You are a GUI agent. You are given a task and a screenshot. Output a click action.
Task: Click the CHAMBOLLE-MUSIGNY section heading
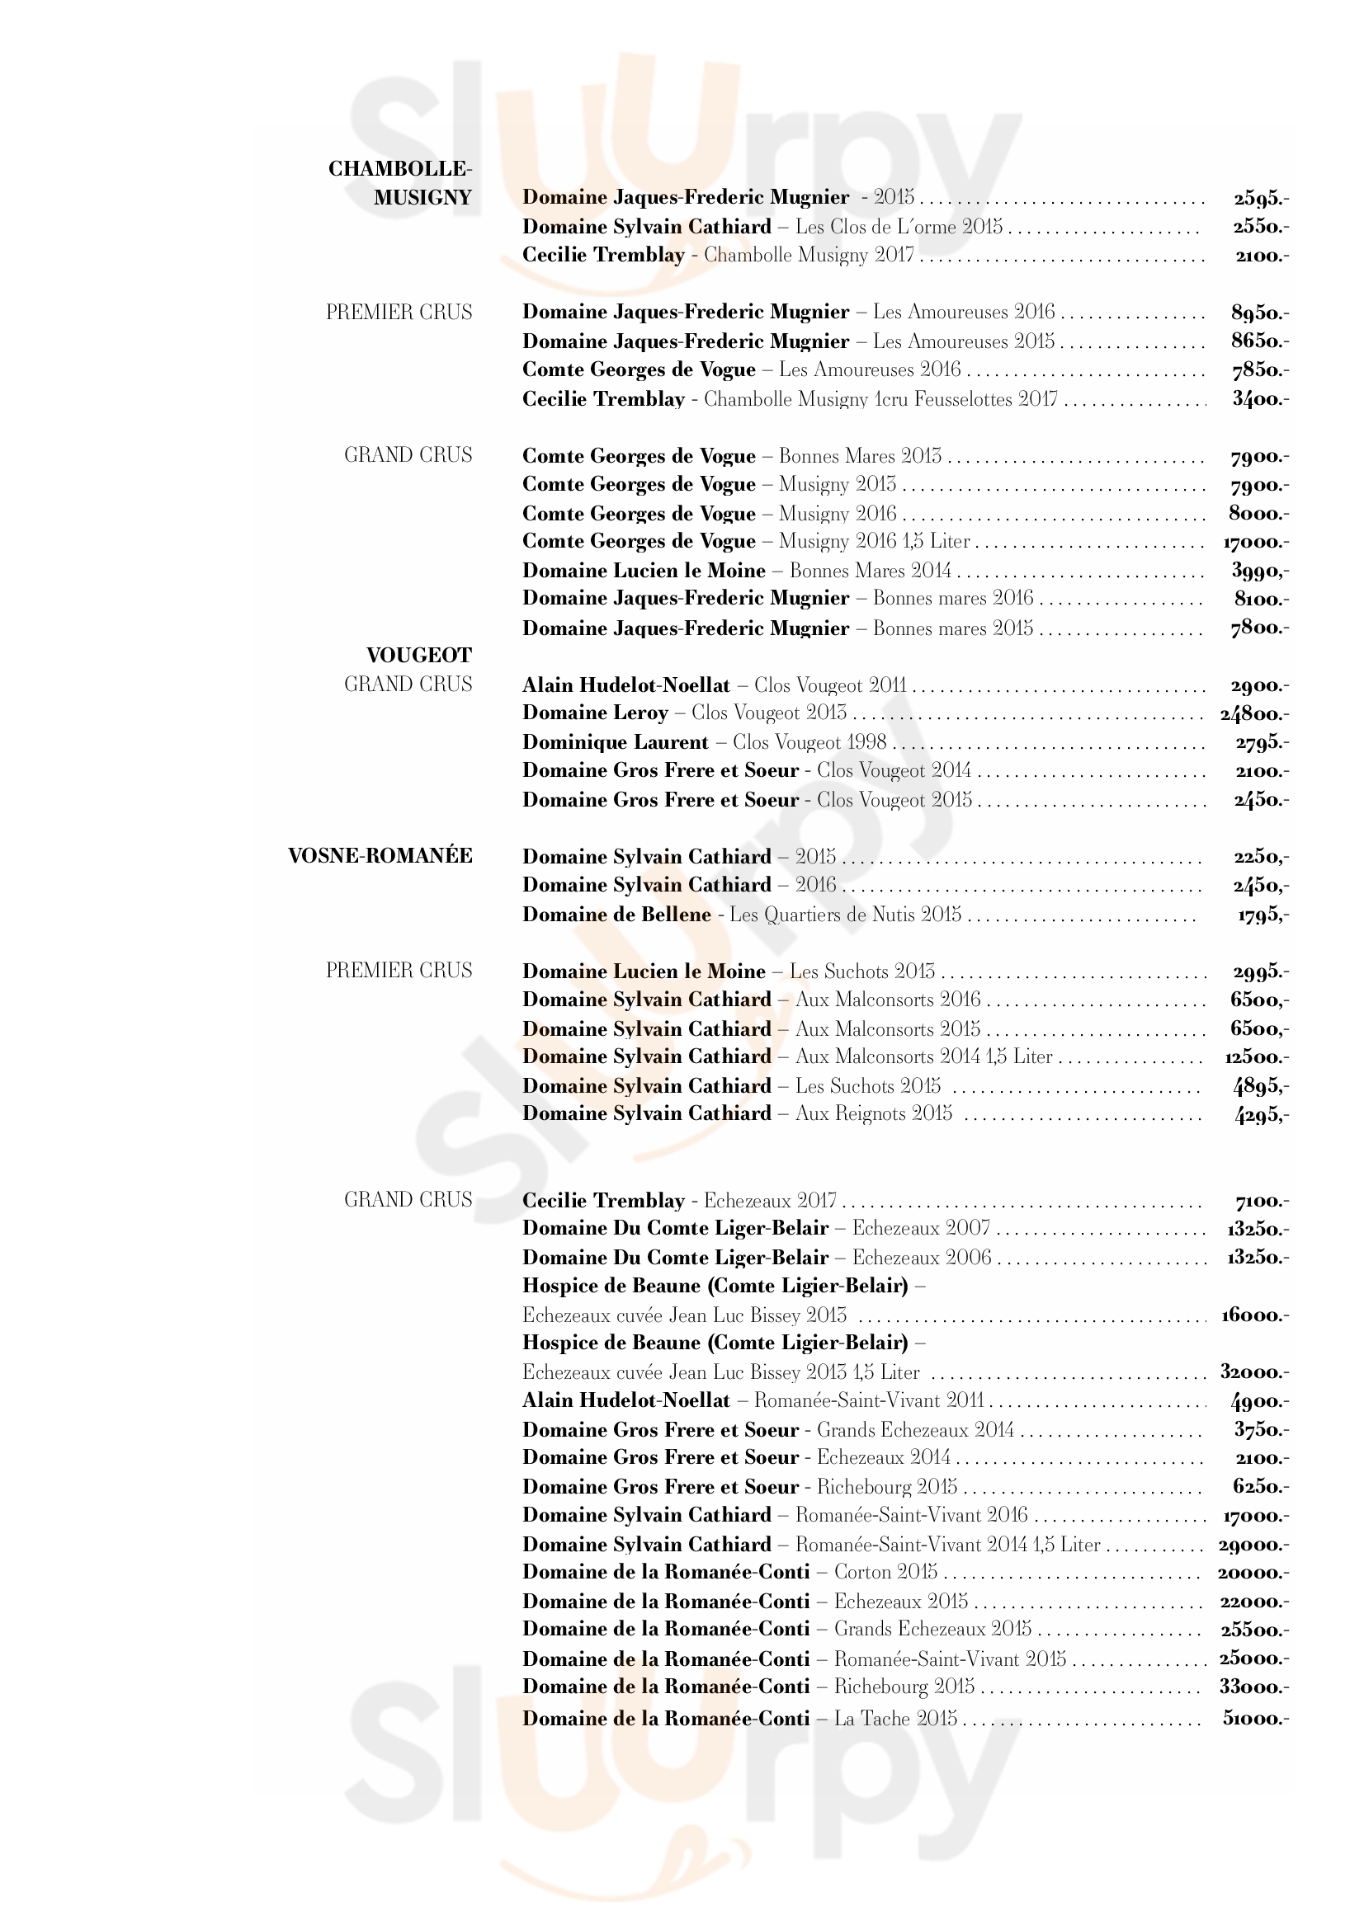click(401, 183)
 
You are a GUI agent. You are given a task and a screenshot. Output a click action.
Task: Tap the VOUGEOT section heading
click(418, 656)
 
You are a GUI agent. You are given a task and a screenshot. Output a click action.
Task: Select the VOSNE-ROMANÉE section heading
click(380, 856)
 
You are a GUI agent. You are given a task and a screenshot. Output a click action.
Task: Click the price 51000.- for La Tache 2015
click(1256, 1718)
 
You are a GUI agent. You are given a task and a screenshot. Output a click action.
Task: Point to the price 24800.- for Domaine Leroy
click(1254, 714)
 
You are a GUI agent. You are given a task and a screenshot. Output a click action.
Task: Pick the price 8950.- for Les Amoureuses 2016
click(1260, 313)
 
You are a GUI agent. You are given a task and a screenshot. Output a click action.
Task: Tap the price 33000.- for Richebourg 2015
click(1254, 1687)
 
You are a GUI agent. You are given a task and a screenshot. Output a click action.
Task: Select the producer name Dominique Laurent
click(616, 743)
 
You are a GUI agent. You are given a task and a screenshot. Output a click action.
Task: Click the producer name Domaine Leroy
click(595, 713)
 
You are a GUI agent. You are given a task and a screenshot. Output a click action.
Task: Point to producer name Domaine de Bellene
click(616, 914)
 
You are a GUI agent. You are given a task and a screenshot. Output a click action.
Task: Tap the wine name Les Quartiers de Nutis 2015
click(845, 914)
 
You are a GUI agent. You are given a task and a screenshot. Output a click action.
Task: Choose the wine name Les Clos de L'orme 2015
click(899, 227)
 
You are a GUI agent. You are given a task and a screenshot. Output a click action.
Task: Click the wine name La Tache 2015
click(895, 1718)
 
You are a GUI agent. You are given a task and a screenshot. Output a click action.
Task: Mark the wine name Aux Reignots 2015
click(873, 1114)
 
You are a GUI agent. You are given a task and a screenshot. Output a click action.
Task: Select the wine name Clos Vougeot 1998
click(809, 743)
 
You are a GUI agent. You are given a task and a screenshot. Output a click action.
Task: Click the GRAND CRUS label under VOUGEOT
click(408, 685)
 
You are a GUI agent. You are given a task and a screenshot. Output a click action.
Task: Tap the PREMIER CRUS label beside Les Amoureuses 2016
click(399, 313)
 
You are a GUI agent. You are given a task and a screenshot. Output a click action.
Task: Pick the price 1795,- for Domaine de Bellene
click(1262, 914)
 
